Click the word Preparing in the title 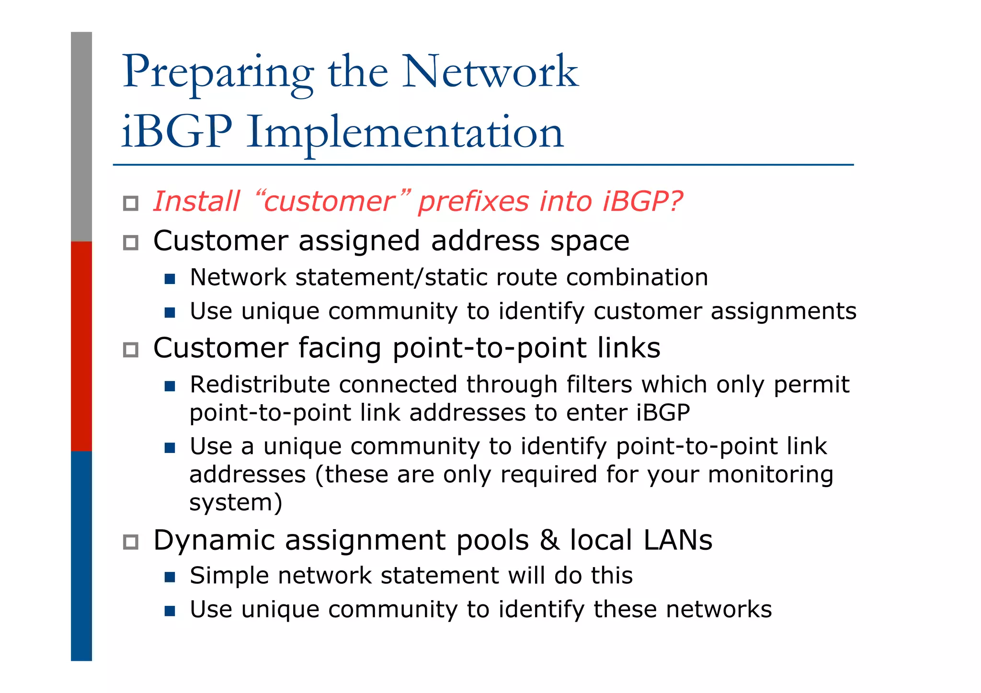tap(218, 73)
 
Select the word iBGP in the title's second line tap(176, 132)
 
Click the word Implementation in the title tap(405, 133)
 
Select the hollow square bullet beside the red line tap(130, 204)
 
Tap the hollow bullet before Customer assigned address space tap(130, 243)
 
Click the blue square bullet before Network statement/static tap(170, 279)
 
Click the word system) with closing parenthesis tap(236, 503)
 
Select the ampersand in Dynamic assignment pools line tap(549, 540)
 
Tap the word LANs tap(677, 540)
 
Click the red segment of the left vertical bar tap(81, 346)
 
